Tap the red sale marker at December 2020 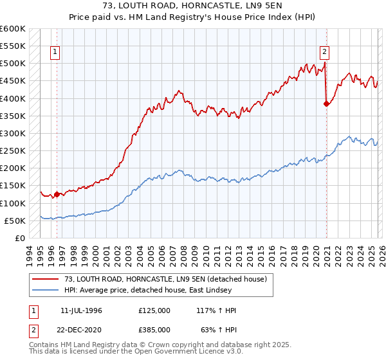point(327,104)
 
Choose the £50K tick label point(15,221)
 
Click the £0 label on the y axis point(19,238)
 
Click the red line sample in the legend point(45,279)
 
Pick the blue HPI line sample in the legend point(45,290)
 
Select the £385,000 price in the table point(154,328)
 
